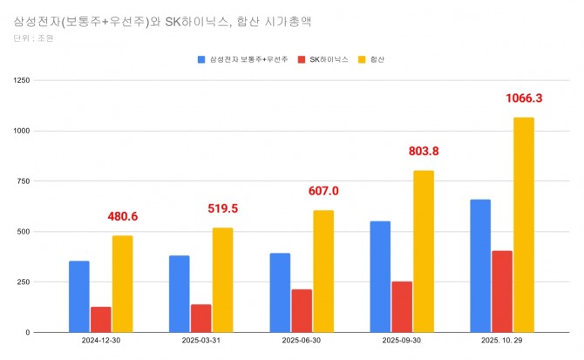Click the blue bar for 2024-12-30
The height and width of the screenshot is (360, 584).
pos(79,296)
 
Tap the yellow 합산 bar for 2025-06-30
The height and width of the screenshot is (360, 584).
pos(323,271)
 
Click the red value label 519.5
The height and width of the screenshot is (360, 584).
pos(223,209)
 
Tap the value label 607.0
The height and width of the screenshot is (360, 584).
pos(323,191)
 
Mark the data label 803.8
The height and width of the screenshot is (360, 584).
pos(424,151)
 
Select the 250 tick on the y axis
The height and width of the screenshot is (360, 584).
pos(24,282)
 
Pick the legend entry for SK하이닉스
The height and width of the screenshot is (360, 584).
pos(327,60)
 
